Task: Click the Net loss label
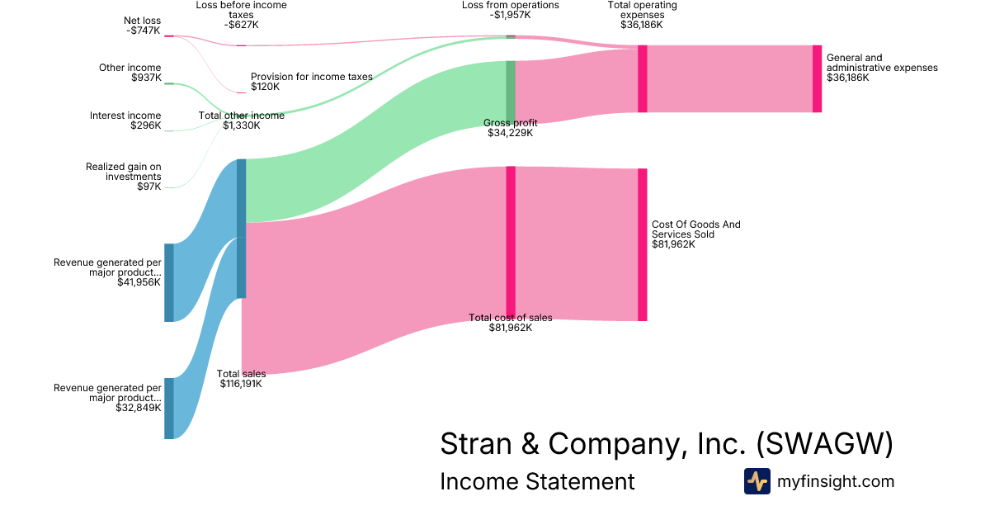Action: coord(144,25)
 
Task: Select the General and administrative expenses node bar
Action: coord(817,78)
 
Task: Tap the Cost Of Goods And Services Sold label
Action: coord(695,234)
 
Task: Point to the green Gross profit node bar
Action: coord(511,91)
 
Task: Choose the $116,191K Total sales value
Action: coord(241,384)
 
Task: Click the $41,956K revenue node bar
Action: coord(169,282)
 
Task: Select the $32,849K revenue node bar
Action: coord(169,409)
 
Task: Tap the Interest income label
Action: coord(125,121)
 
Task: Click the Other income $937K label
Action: coord(130,73)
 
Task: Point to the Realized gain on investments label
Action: coord(124,177)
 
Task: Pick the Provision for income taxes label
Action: coord(311,81)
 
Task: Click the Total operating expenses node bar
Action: coord(642,78)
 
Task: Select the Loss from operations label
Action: coord(510,10)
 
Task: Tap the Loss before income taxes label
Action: coord(241,15)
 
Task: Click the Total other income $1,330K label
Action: coord(241,121)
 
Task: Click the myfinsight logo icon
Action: coord(757,481)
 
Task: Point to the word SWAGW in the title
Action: coord(824,444)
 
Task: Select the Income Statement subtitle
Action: coord(537,482)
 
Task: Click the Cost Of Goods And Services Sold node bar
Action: coord(642,244)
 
